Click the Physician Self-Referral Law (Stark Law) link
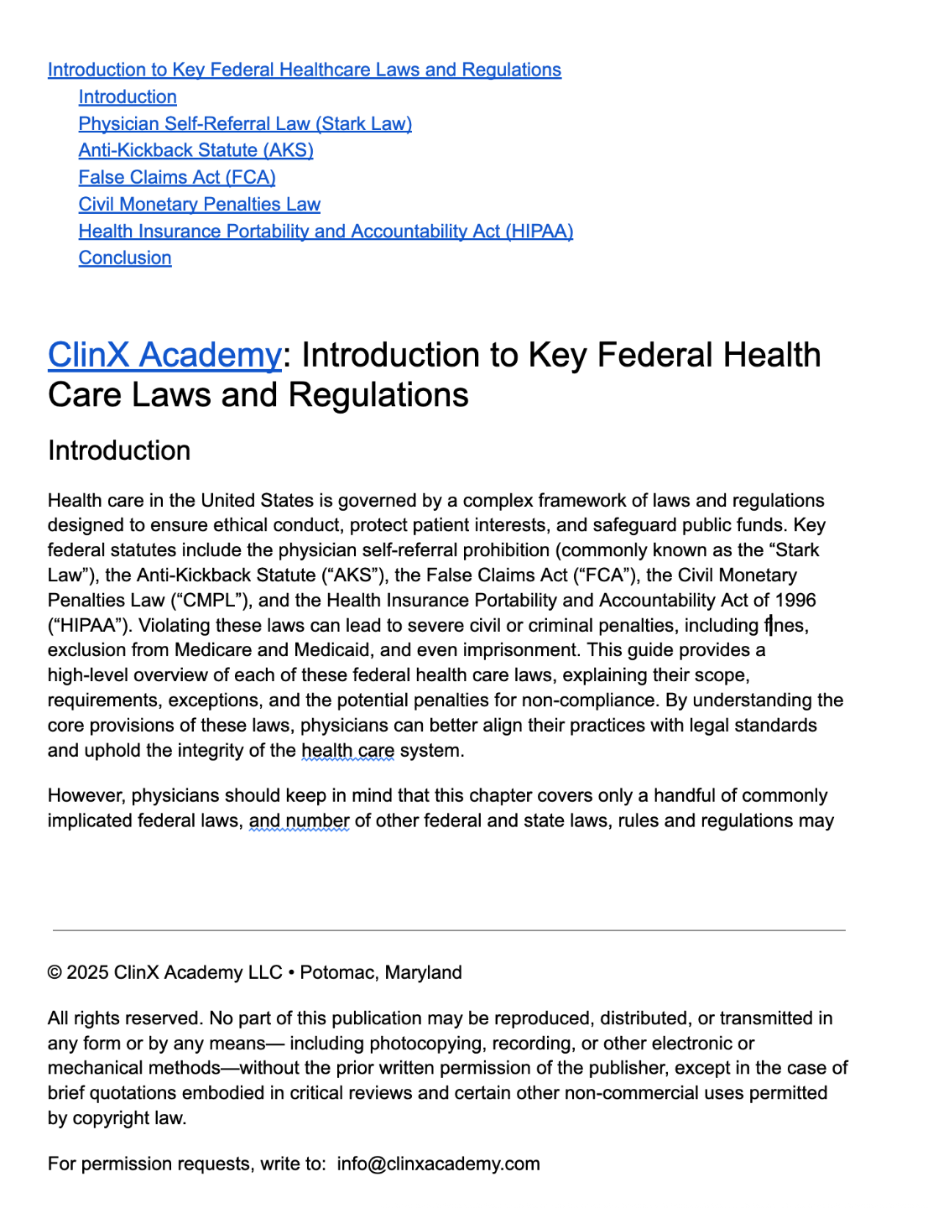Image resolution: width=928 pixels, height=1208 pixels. pyautogui.click(x=245, y=124)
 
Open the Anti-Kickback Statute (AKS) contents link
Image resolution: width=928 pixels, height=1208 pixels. pyautogui.click(x=196, y=151)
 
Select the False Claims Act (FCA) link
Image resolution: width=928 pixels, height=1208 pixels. pyautogui.click(x=177, y=178)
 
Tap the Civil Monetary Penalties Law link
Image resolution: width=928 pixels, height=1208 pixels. pyautogui.click(x=199, y=205)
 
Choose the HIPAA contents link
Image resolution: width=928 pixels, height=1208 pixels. pyautogui.click(x=326, y=232)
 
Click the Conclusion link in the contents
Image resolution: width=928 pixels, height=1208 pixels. pyautogui.click(x=125, y=258)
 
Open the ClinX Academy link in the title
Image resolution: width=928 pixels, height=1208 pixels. pyautogui.click(x=164, y=356)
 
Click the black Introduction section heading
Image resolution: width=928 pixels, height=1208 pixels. pyautogui.click(x=119, y=451)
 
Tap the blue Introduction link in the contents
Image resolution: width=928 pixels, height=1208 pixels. pyautogui.click(x=128, y=97)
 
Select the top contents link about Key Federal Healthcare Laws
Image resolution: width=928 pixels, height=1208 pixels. pyautogui.click(x=305, y=70)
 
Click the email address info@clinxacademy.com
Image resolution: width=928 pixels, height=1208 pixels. pyautogui.click(x=438, y=1164)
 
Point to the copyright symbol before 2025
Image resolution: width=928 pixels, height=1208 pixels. pyautogui.click(x=55, y=973)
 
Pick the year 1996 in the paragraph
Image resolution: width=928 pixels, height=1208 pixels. pyautogui.click(x=795, y=601)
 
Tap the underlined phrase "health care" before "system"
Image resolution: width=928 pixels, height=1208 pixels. pyautogui.click(x=347, y=751)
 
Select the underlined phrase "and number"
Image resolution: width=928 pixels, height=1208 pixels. pyautogui.click(x=299, y=821)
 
